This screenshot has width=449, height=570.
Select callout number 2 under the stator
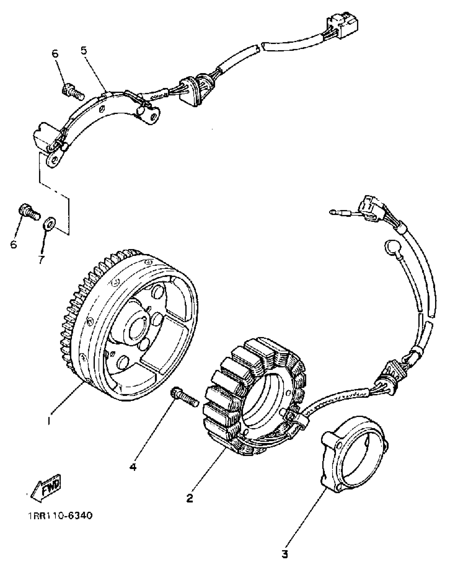[x=190, y=497]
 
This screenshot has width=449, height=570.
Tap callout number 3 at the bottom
[x=284, y=553]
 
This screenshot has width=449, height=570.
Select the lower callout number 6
[x=13, y=244]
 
